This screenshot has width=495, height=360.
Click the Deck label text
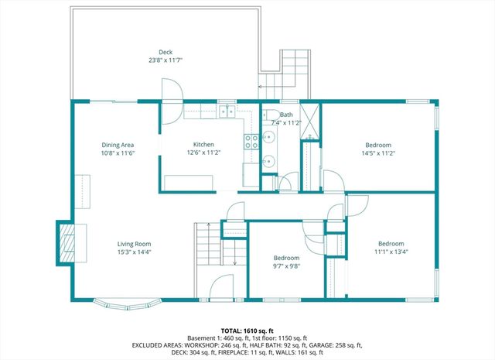(166, 51)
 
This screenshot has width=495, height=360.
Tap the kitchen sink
(228, 113)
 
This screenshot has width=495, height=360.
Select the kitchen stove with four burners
(251, 141)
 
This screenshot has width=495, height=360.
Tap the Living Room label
(134, 243)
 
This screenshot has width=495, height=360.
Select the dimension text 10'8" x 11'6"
(118, 153)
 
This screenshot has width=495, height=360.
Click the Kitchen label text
(203, 145)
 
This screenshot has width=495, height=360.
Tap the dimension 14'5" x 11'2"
(378, 153)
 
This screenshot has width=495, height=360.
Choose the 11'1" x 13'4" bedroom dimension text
(390, 252)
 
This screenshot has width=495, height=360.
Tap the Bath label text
(286, 114)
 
